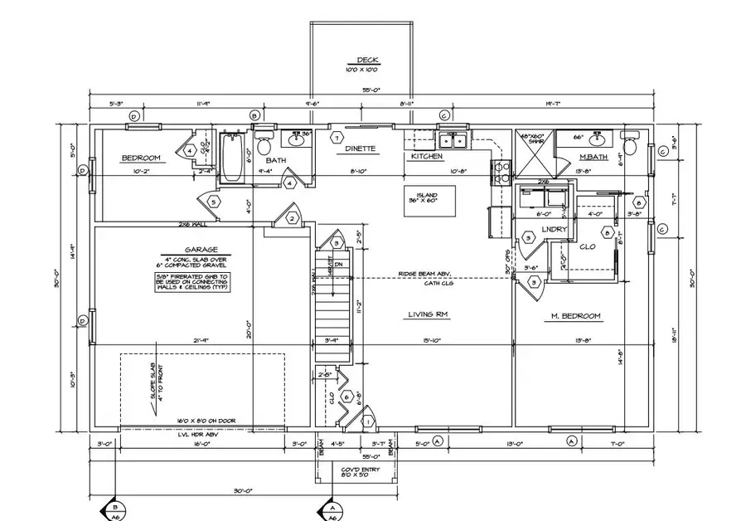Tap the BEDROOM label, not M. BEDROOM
click(140, 158)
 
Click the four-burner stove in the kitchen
click(502, 172)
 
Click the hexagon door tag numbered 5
click(213, 202)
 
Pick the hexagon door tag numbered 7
click(337, 137)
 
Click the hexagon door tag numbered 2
click(293, 218)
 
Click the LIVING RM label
click(429, 314)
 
